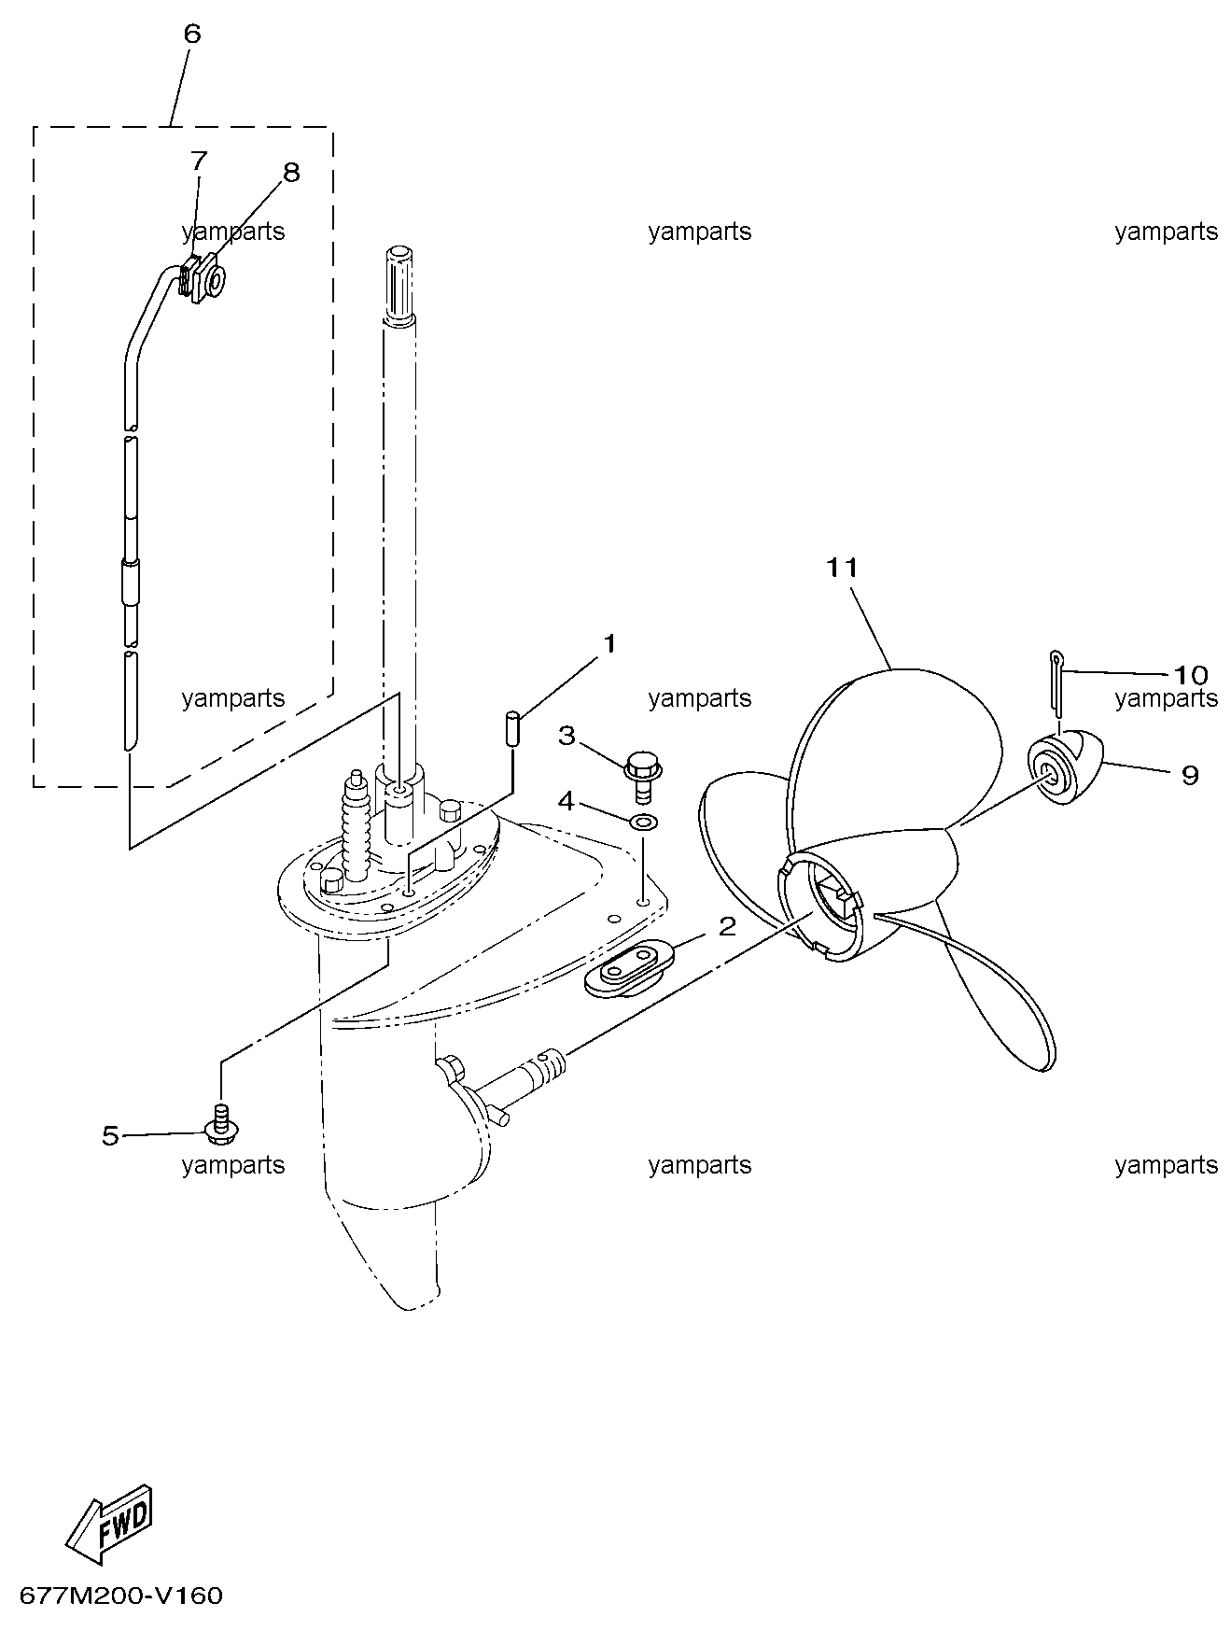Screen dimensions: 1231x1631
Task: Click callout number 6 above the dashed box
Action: (191, 35)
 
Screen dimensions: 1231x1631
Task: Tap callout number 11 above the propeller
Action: (841, 568)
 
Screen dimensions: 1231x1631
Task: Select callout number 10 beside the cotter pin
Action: (1190, 674)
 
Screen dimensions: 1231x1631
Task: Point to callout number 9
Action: (1190, 775)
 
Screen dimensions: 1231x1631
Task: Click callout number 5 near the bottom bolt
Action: (111, 1136)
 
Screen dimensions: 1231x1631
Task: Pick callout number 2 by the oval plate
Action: (727, 927)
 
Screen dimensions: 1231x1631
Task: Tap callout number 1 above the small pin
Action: (609, 643)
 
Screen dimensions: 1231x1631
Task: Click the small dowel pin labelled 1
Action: (512, 729)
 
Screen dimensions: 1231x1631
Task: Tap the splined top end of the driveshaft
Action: (399, 283)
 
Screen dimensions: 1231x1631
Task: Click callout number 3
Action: (566, 736)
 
